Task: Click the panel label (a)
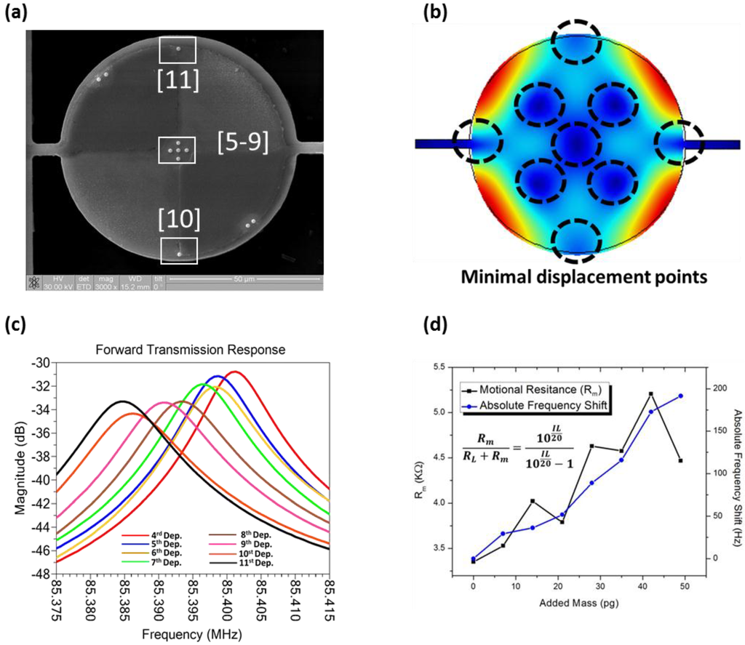[x=16, y=12]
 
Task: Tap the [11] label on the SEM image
[x=178, y=79]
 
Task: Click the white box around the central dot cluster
[x=178, y=149]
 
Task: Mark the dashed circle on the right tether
[x=679, y=143]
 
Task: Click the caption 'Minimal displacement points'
[x=573, y=277]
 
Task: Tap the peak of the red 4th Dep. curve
[x=234, y=372]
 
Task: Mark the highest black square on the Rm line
[x=650, y=394]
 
